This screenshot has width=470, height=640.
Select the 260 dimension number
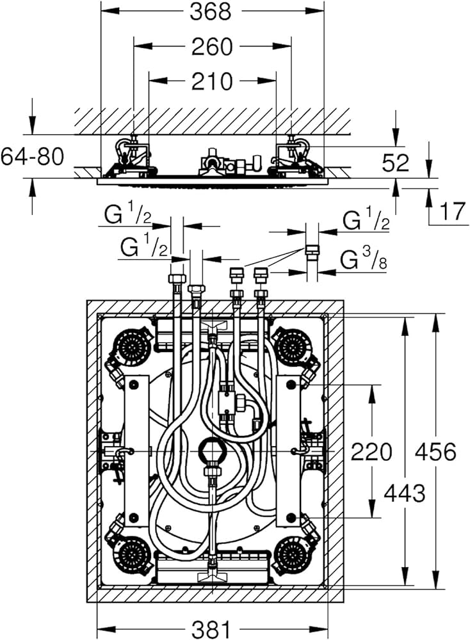pos(212,46)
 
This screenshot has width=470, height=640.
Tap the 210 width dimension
pos(212,81)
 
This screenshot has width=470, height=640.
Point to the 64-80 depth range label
pos(32,156)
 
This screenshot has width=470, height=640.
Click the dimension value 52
pos(395,163)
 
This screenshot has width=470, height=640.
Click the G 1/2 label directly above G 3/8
pos(366,221)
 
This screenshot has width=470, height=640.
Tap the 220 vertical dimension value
pos(371,452)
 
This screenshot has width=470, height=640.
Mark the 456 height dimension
pos(435,452)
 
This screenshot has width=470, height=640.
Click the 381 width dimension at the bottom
pos(211,629)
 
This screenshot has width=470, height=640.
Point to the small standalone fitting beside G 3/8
pos(312,251)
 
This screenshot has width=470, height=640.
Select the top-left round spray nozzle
pos(133,348)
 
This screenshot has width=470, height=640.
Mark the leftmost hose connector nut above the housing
pos(175,280)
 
